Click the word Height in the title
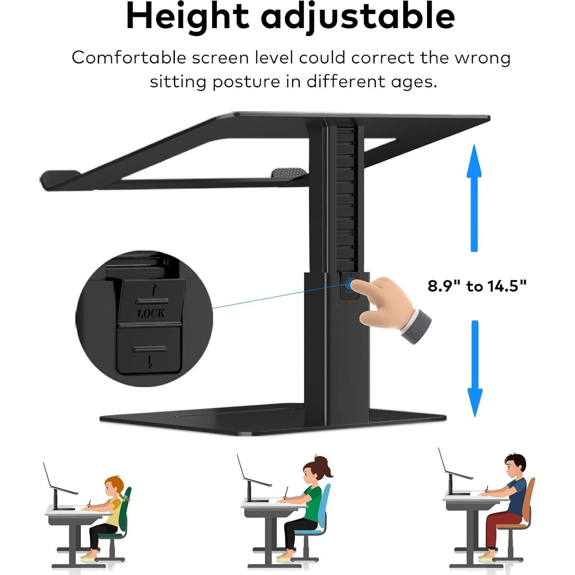(187, 17)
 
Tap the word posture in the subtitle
(246, 81)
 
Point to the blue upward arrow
(474, 198)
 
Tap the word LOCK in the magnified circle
(151, 313)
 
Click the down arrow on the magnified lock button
(150, 361)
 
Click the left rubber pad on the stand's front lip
(58, 179)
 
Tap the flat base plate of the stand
(269, 421)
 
